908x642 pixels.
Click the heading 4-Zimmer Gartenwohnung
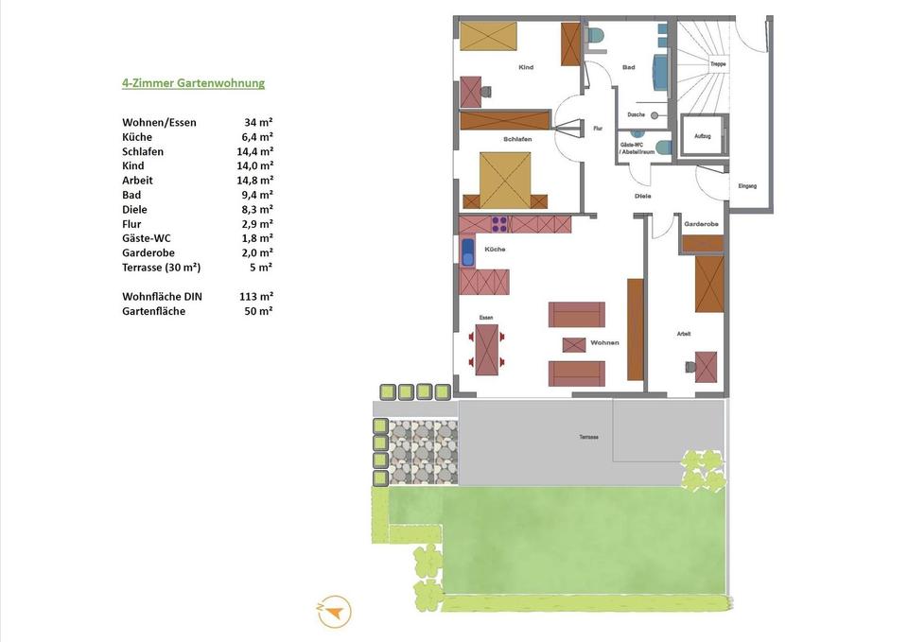pyautogui.click(x=193, y=83)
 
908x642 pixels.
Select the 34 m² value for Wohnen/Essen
pyautogui.click(x=258, y=123)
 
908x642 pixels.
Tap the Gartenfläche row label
pyautogui.click(x=153, y=311)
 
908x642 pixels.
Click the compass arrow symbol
pyautogui.click(x=334, y=612)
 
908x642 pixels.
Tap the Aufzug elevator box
pyautogui.click(x=703, y=135)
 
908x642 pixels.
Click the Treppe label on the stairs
pyautogui.click(x=718, y=64)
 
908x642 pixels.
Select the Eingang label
pyautogui.click(x=747, y=186)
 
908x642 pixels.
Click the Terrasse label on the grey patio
pyautogui.click(x=589, y=438)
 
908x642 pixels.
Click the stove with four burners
pyautogui.click(x=499, y=224)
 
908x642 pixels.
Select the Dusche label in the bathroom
pyautogui.click(x=636, y=115)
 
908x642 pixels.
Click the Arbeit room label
pyautogui.click(x=684, y=334)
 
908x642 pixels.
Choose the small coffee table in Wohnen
pyautogui.click(x=574, y=344)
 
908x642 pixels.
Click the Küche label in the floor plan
pyautogui.click(x=495, y=250)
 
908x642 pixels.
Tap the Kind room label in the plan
pyautogui.click(x=527, y=68)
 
